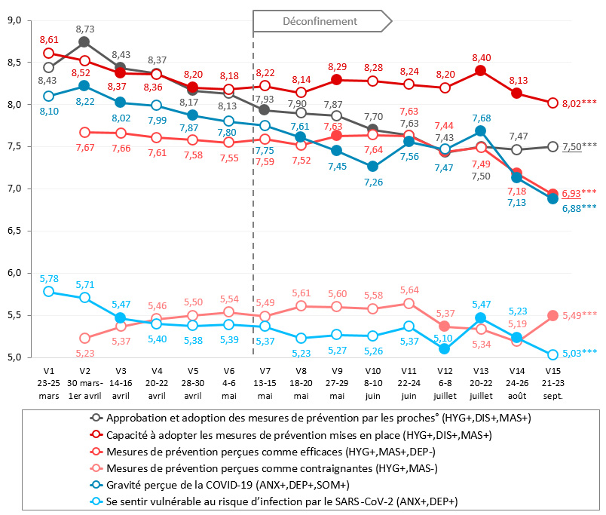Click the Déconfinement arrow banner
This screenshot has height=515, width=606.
323,21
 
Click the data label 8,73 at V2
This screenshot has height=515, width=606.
85,28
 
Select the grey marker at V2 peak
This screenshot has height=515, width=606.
85,42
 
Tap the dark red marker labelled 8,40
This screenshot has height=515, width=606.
480,71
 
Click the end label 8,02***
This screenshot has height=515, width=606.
580,103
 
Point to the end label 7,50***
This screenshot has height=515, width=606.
580,147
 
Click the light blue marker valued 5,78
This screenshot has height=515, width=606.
49,291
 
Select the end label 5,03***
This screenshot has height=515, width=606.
580,352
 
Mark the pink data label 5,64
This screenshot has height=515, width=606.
409,290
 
